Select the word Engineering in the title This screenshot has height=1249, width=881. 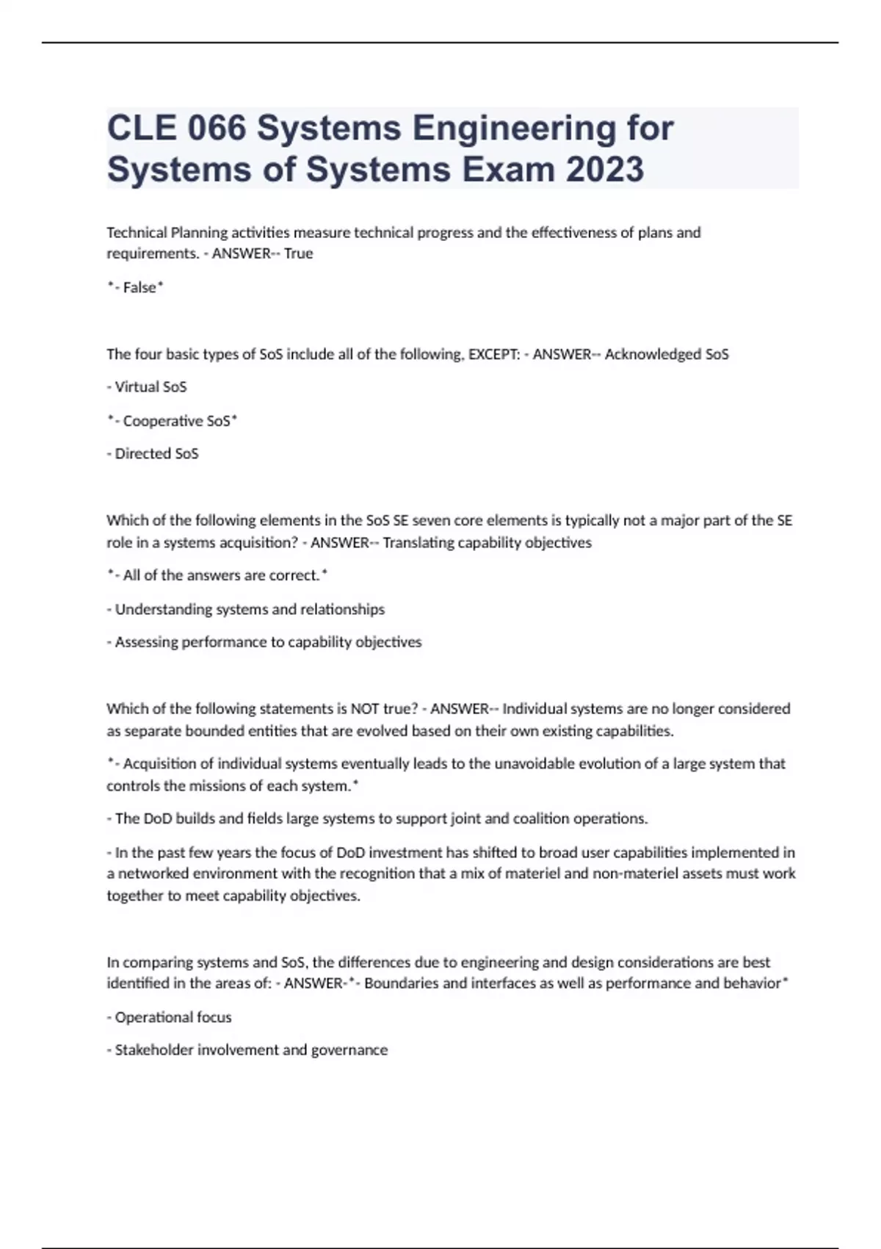coord(513,129)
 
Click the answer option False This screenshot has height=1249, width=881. coord(139,287)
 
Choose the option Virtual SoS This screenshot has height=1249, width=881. coord(150,386)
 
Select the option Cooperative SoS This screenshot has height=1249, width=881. coord(176,421)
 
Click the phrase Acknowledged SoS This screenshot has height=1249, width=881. coord(667,354)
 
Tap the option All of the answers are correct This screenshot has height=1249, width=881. coord(220,575)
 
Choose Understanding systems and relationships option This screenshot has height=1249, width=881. coord(249,609)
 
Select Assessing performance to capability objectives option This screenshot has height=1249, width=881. coord(268,642)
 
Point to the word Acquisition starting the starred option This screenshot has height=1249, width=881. coord(159,764)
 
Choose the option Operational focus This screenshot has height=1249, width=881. coord(173,1018)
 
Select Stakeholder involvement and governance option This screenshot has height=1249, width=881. coord(250,1050)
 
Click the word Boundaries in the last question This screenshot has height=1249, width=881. coord(399,984)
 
